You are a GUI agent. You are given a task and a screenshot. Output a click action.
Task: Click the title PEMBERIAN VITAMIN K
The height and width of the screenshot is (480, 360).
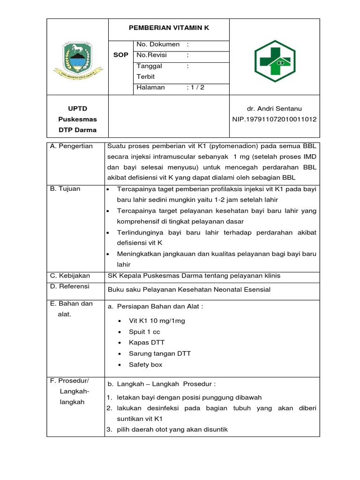click(169, 28)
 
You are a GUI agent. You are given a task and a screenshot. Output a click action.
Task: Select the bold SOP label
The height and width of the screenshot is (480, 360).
click(120, 55)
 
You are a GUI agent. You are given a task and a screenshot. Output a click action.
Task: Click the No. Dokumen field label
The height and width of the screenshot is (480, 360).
click(158, 45)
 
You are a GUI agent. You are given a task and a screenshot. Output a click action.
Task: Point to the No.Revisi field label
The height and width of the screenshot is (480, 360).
click(152, 55)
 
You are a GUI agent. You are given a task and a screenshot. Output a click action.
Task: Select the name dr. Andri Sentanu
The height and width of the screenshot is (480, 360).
click(274, 108)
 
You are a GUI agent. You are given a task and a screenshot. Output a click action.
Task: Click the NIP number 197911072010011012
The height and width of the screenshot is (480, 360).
click(274, 120)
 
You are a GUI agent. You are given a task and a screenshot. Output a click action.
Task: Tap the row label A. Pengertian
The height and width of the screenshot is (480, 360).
click(72, 146)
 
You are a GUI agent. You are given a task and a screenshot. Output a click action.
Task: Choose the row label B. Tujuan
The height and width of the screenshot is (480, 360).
click(65, 189)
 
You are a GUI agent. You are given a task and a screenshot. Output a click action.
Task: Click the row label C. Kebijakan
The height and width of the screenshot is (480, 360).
click(70, 276)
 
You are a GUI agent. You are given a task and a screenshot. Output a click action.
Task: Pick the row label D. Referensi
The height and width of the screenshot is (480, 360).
click(70, 286)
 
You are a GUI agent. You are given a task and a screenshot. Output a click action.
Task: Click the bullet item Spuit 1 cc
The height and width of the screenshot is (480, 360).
click(144, 332)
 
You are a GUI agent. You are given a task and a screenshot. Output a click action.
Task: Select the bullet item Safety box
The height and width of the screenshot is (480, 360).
click(145, 365)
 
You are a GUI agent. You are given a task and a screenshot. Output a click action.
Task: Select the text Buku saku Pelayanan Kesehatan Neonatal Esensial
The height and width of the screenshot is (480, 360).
click(189, 290)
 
